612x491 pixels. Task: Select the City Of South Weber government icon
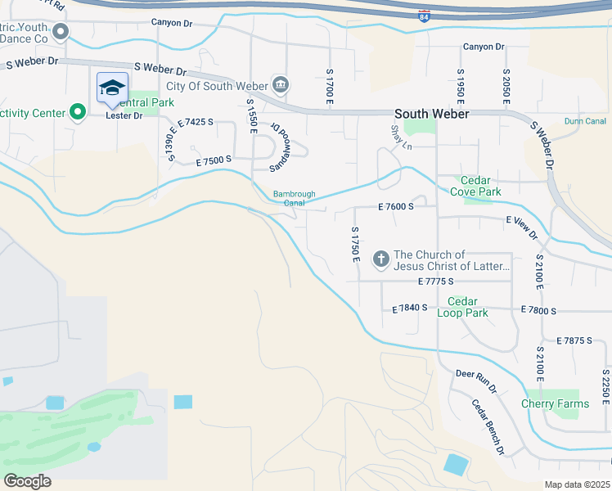click(281, 84)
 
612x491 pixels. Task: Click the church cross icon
click(380, 259)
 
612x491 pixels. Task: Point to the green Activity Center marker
click(78, 112)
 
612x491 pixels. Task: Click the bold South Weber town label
click(431, 115)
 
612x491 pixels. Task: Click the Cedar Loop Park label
click(463, 308)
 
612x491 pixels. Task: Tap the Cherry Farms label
click(555, 403)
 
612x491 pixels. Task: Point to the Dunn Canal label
click(584, 121)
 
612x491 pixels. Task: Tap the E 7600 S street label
click(395, 208)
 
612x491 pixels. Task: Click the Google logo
click(27, 480)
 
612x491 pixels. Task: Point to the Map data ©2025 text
click(576, 484)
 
